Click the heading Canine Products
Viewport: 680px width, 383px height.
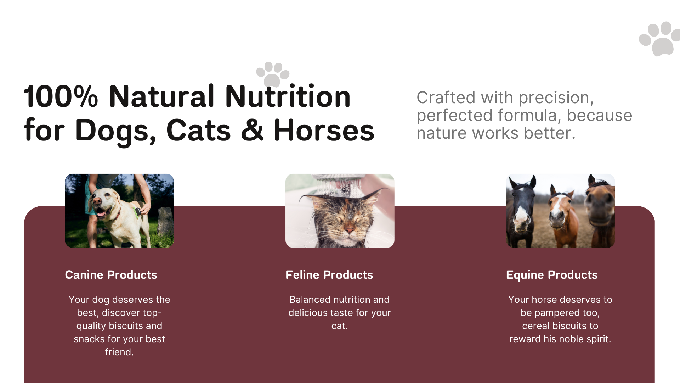(111, 275)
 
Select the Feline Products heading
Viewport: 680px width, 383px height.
(329, 275)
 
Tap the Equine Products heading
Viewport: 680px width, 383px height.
(552, 275)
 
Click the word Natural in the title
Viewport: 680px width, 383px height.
(161, 96)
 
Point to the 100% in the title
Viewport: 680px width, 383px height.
(61, 96)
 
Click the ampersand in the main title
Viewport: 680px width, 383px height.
(252, 131)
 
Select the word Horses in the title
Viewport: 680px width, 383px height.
(324, 131)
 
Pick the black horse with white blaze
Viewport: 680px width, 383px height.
(520, 211)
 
